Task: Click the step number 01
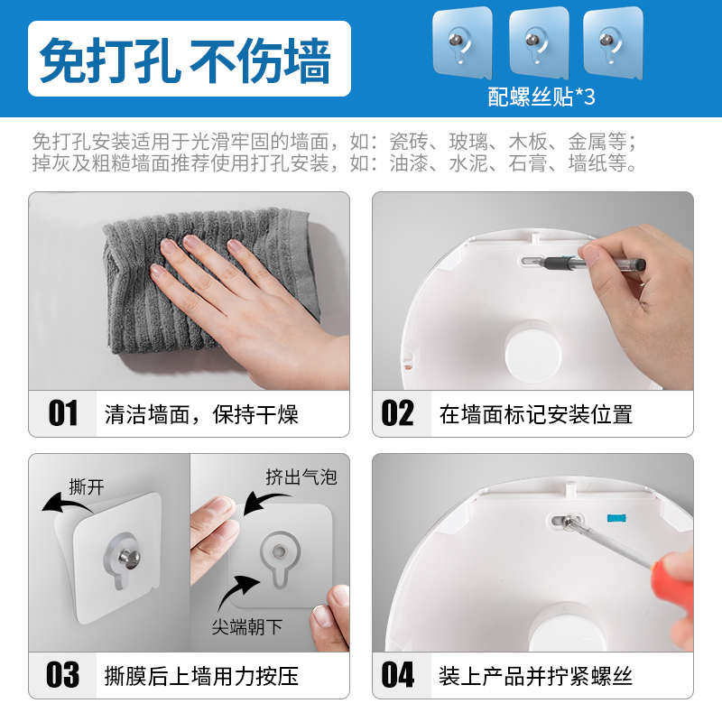click(63, 414)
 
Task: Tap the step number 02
click(397, 414)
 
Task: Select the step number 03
click(63, 674)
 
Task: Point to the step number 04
click(397, 674)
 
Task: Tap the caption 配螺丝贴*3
click(541, 97)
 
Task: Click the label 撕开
click(87, 487)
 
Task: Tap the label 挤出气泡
click(301, 477)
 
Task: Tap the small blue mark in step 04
click(616, 520)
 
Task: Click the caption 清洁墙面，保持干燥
click(200, 415)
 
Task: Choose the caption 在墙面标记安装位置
click(535, 415)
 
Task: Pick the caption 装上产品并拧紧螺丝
click(535, 675)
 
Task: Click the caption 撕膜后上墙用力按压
click(200, 675)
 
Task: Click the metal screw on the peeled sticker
click(129, 558)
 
